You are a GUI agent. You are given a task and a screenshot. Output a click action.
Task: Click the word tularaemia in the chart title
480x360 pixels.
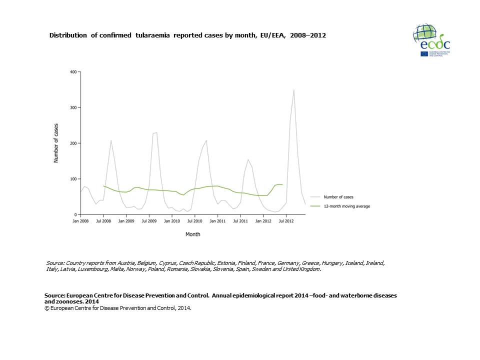[151, 35]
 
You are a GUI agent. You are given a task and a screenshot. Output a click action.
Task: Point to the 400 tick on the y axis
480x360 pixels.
[73, 72]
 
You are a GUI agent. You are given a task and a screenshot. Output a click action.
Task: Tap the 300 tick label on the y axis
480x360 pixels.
[73, 107]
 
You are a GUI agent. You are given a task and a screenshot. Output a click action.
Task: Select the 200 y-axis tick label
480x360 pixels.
[73, 143]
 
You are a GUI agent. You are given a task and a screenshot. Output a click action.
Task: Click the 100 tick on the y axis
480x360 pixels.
[73, 179]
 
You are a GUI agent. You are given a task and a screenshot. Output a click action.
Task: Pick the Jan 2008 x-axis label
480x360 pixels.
[80, 220]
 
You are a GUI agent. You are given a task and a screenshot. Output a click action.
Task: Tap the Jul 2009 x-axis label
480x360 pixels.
[149, 220]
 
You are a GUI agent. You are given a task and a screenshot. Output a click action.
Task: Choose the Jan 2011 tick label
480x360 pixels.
[217, 220]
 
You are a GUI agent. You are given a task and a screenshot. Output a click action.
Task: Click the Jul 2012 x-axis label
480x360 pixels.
[285, 220]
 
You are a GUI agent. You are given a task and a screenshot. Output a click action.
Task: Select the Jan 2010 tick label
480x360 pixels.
[171, 220]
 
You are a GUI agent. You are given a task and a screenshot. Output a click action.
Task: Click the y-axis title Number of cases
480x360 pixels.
[56, 143]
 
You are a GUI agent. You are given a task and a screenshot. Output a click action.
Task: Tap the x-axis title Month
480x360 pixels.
[193, 234]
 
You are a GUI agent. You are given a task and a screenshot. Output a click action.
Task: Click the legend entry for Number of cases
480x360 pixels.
[338, 197]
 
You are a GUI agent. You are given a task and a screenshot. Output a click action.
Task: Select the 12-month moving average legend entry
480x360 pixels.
[346, 206]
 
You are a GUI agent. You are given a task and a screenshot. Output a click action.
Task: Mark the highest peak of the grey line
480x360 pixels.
[293, 89]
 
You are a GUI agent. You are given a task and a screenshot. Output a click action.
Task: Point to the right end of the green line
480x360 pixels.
[282, 185]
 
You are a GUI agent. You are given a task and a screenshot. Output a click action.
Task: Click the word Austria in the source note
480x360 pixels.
[126, 263]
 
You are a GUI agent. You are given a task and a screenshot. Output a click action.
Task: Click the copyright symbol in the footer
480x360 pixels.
[46, 308]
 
